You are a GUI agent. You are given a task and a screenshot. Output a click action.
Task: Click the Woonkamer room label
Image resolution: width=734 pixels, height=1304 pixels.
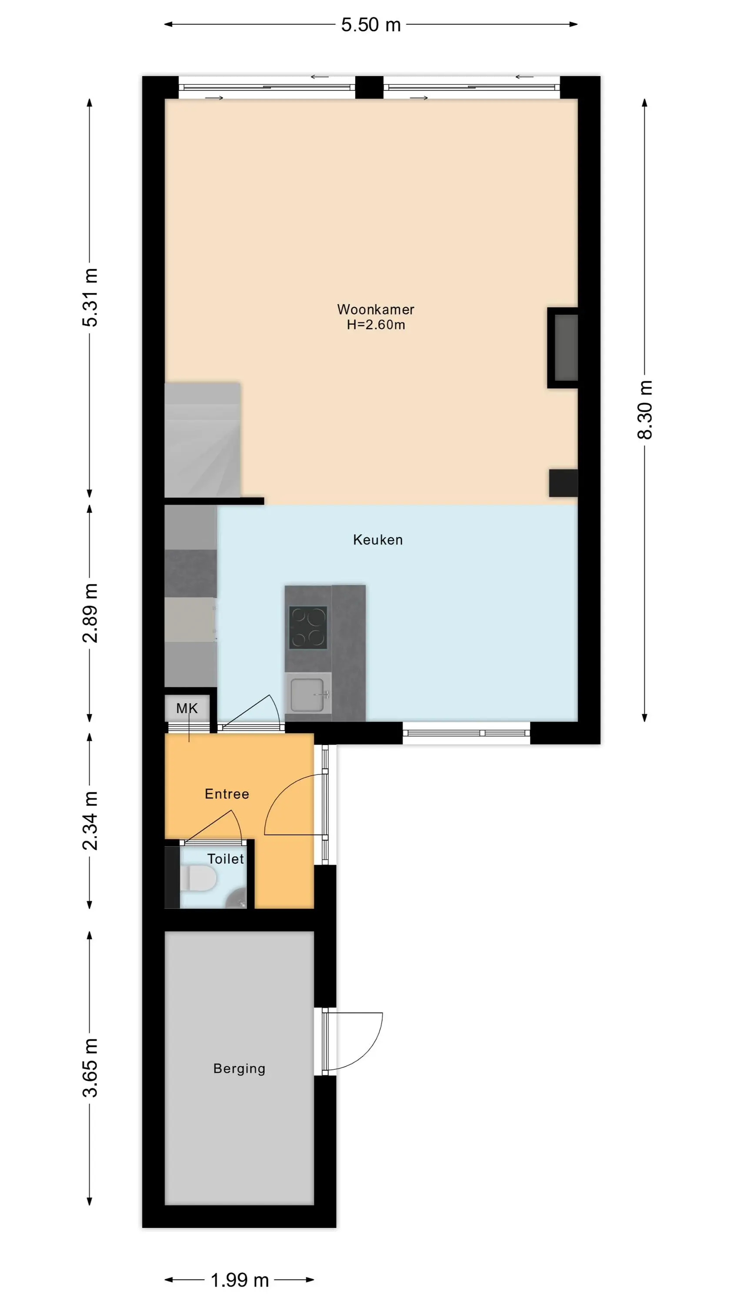click(375, 309)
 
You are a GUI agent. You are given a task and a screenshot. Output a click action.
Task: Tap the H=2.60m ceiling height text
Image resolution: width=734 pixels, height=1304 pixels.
click(376, 325)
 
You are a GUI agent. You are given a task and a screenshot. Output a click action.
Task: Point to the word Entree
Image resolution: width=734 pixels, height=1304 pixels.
click(227, 794)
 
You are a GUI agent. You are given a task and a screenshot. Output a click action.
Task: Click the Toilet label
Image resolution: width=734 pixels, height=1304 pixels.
click(225, 858)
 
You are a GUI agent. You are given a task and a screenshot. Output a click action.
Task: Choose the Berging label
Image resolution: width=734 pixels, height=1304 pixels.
click(239, 1068)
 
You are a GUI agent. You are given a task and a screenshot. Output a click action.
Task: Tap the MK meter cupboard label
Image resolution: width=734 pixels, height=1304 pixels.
click(187, 708)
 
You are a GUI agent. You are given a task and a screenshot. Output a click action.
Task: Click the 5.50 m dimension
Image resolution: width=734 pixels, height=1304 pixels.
click(371, 25)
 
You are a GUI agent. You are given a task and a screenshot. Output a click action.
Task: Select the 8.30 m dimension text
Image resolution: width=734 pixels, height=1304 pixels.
click(645, 409)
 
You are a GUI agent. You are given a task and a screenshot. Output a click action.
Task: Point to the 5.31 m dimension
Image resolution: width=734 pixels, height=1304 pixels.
click(90, 297)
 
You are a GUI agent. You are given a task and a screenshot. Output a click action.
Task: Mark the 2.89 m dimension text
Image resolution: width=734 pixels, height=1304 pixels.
click(90, 613)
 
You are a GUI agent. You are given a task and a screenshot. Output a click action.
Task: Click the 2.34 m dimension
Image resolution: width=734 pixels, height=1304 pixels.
click(90, 821)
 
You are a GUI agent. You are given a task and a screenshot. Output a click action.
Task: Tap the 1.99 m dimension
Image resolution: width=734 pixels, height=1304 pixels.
click(240, 1280)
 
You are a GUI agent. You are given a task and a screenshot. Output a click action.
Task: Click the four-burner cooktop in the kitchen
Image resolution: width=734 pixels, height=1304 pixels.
click(308, 628)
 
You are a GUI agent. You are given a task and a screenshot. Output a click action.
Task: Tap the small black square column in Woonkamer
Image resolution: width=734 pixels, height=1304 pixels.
click(563, 483)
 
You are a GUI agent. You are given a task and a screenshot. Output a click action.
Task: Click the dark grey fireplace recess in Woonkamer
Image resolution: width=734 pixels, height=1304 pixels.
click(566, 347)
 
